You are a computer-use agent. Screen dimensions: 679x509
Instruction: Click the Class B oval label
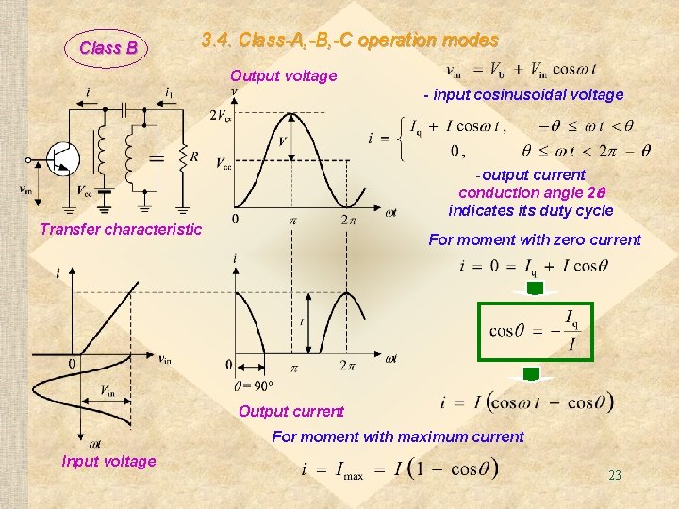108,47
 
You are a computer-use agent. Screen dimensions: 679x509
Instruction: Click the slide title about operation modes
350,41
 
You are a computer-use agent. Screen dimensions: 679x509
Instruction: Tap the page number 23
615,476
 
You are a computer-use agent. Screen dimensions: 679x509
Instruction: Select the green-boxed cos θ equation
536,331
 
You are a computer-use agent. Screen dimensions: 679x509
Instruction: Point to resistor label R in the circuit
193,157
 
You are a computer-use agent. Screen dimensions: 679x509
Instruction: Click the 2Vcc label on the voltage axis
222,116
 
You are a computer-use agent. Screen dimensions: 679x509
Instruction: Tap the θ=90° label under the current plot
253,385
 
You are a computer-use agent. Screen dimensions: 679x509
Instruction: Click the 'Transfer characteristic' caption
121,229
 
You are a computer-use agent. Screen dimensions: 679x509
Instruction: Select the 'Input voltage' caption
108,461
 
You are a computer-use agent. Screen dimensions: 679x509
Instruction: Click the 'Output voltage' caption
283,75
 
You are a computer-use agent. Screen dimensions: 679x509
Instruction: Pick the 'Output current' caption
291,410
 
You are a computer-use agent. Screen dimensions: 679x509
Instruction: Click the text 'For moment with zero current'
535,239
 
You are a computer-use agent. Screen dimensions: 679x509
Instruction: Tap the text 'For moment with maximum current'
397,436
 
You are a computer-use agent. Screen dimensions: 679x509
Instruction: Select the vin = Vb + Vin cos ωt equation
521,69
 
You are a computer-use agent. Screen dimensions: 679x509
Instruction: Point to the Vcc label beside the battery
84,188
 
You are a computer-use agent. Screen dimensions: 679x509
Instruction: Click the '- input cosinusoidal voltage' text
523,94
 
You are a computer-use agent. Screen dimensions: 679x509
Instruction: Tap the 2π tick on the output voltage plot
347,221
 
